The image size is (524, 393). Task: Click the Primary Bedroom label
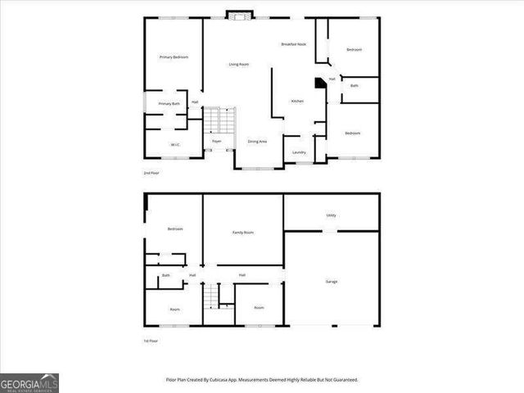[174, 56]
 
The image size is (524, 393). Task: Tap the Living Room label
[238, 64]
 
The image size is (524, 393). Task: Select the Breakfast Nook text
[293, 44]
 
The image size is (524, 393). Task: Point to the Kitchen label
[297, 101]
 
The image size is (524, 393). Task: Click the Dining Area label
[257, 142]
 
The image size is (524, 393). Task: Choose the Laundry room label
[299, 152]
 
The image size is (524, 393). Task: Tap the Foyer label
[217, 142]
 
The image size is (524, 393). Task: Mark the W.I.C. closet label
[175, 146]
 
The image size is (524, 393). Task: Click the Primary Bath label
[169, 104]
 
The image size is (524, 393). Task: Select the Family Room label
[243, 233]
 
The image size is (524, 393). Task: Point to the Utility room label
[332, 215]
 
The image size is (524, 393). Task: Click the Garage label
[332, 282]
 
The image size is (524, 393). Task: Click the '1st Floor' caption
[151, 341]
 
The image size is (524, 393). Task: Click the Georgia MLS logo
[29, 383]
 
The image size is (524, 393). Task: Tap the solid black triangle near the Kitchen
[320, 83]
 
